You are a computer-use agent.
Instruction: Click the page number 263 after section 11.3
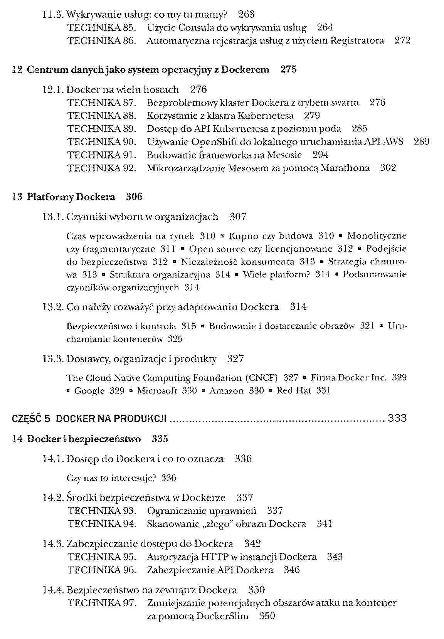click(246, 15)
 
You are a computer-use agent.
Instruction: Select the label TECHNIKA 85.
click(102, 28)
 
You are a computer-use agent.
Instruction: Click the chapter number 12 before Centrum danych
click(17, 70)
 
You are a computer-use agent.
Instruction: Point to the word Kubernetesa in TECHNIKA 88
click(266, 116)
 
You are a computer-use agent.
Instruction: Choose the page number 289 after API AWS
click(421, 142)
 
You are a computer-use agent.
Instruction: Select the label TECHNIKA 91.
click(102, 155)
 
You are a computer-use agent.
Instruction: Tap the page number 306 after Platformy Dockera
click(134, 197)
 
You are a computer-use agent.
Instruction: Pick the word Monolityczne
click(377, 236)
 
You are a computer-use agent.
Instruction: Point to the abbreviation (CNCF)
click(261, 378)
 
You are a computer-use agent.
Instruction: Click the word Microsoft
click(157, 391)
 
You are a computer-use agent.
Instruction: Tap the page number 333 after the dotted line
click(397, 418)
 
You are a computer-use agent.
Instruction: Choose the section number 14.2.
click(53, 498)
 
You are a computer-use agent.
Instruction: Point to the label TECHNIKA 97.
click(102, 603)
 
